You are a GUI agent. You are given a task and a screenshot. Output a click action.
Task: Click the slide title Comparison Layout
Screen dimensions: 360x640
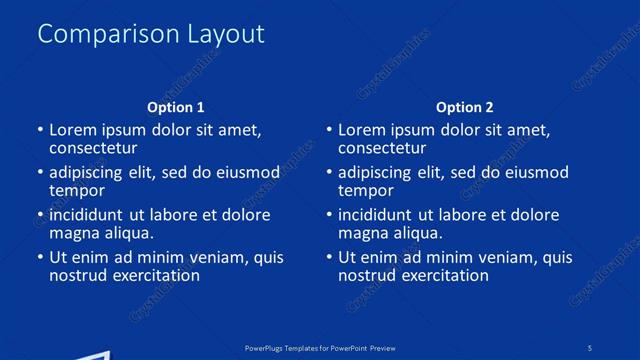coord(151,33)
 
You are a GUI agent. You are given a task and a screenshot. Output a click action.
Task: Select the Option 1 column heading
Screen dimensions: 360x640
coord(176,107)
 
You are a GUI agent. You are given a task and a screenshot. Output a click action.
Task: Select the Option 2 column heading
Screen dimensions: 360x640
coord(465,107)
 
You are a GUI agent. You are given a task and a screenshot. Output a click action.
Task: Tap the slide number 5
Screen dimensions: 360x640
coord(590,347)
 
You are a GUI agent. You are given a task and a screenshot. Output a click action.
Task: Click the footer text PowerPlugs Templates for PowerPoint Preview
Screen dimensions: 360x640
coord(320,347)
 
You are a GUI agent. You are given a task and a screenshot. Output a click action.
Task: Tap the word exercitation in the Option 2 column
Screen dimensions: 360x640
coord(445,275)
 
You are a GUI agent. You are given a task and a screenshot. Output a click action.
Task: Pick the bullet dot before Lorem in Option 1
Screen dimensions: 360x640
coord(40,130)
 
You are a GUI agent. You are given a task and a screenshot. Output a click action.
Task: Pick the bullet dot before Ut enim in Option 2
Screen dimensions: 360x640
coord(329,257)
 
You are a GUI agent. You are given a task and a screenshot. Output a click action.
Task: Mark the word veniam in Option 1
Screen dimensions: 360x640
coord(222,257)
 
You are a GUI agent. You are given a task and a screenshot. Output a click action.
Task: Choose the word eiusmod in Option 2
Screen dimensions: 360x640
coord(535,172)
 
